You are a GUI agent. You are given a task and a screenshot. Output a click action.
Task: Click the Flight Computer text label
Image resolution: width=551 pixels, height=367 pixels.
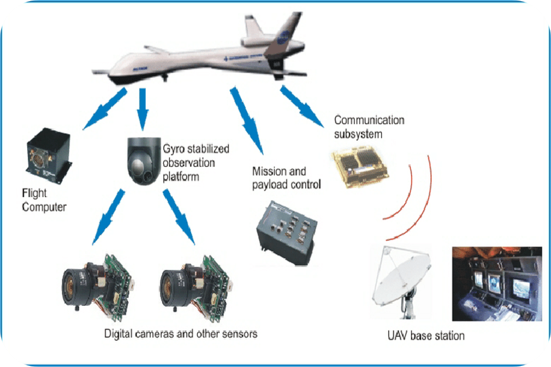click(x=44, y=199)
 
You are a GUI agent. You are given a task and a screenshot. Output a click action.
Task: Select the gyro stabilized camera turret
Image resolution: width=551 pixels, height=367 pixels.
click(x=141, y=161)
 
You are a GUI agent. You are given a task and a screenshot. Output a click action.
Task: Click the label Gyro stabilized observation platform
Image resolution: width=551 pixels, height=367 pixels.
click(x=197, y=162)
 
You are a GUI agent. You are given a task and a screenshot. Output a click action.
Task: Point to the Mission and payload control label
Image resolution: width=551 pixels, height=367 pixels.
click(x=286, y=179)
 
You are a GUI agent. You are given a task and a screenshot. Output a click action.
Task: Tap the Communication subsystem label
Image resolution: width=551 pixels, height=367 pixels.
click(x=368, y=127)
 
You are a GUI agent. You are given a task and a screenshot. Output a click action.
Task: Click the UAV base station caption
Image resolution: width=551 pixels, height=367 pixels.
click(x=426, y=336)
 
